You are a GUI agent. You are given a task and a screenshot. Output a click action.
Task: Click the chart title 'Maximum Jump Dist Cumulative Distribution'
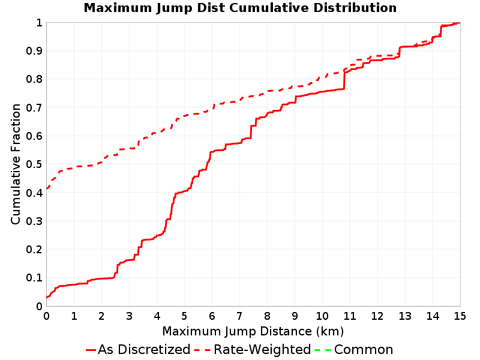[x=240, y=8]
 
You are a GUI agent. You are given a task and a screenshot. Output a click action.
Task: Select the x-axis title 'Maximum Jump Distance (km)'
[x=253, y=332]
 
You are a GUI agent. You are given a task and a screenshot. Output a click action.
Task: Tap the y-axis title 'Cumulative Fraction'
[x=16, y=164]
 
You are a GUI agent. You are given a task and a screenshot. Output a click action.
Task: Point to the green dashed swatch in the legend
[x=323, y=350]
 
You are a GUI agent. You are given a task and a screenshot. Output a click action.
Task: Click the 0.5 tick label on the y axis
[x=34, y=164]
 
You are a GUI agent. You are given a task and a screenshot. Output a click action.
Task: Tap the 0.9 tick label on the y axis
[x=34, y=51]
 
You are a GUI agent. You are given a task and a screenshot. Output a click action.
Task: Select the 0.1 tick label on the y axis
[x=34, y=278]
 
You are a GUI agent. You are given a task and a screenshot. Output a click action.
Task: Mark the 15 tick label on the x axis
[x=460, y=316]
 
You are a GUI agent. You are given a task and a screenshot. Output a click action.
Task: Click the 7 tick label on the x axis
[x=239, y=316]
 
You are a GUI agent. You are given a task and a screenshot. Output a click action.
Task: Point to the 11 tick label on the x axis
[x=349, y=316]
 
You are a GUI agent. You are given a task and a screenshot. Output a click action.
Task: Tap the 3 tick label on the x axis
[x=129, y=316]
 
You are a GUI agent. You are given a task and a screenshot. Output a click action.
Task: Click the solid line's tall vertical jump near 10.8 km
[x=344, y=80]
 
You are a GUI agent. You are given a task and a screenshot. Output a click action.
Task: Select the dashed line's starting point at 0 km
[x=47, y=189]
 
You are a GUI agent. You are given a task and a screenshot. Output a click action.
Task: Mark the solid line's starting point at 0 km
[x=47, y=297]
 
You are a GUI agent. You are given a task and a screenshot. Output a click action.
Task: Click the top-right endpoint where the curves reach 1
[x=460, y=23]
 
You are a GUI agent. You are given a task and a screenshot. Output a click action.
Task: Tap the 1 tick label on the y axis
[x=39, y=23]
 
